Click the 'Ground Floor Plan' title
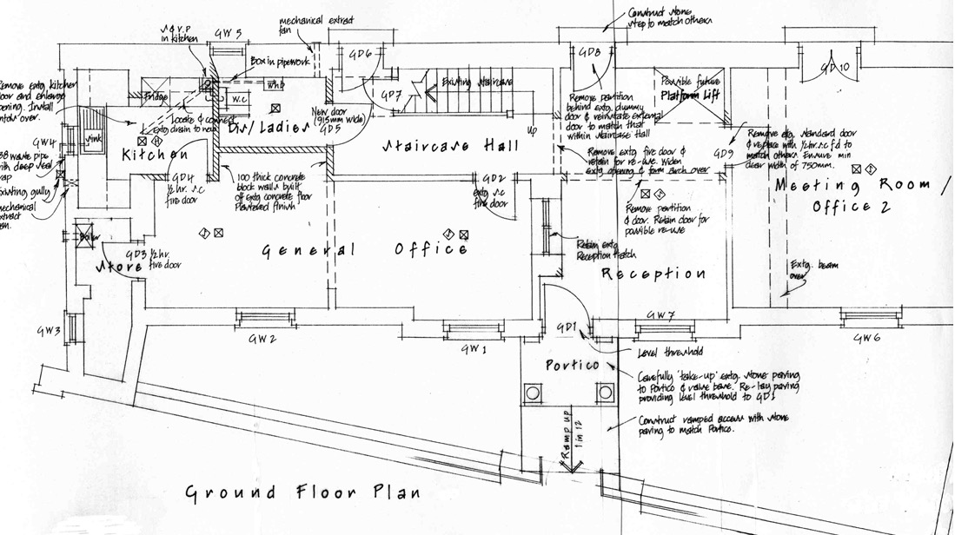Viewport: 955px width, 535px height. tap(303, 492)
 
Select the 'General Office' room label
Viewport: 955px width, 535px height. tap(366, 250)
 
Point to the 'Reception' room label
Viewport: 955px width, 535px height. tap(653, 274)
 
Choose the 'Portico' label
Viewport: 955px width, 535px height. tap(572, 365)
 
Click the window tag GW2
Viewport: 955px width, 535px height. tap(262, 338)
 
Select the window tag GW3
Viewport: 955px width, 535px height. tap(48, 331)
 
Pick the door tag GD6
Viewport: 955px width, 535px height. tap(360, 54)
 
